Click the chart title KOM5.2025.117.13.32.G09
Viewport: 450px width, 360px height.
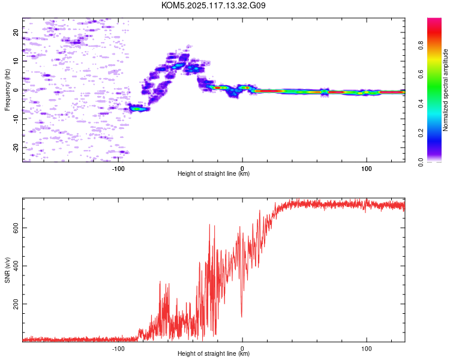(213, 5)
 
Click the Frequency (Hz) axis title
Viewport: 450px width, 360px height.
(7, 90)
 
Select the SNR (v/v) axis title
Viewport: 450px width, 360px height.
(7, 270)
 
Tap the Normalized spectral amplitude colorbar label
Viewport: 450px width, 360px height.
(445, 90)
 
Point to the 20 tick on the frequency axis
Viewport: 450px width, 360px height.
(16, 32)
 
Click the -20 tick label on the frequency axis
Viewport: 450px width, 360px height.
(16, 148)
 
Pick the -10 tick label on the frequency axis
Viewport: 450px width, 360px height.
(16, 119)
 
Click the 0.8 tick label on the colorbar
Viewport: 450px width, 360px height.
(421, 46)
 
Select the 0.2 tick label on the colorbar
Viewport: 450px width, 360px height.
(421, 133)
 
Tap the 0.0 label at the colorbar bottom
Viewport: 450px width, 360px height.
(421, 162)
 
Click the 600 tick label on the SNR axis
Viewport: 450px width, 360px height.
(16, 227)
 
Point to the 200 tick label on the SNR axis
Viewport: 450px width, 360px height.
(16, 304)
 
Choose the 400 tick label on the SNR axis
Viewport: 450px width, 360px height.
(16, 266)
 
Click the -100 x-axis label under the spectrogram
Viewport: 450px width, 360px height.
(118, 169)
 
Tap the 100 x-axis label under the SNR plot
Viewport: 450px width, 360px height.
(367, 349)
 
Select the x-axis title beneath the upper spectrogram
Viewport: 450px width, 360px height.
(214, 173)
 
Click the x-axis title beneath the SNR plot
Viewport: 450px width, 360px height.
(214, 353)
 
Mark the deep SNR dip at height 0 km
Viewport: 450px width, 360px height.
(242, 316)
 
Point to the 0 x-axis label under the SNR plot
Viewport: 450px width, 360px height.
(242, 349)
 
